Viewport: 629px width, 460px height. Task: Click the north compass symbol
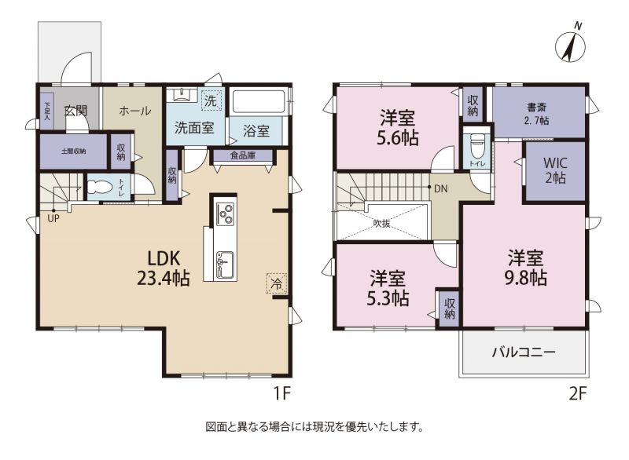click(570, 44)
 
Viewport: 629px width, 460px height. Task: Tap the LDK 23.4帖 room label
click(164, 268)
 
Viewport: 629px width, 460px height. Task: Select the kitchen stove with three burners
click(225, 214)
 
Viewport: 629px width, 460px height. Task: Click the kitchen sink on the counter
click(225, 265)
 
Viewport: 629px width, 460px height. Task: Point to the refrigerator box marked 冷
click(277, 283)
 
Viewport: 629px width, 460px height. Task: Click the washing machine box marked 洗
click(210, 100)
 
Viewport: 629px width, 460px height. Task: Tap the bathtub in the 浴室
click(259, 103)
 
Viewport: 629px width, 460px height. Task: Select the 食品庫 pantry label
click(243, 155)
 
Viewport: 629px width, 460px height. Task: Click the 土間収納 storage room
click(73, 152)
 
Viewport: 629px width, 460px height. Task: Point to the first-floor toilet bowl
click(99, 187)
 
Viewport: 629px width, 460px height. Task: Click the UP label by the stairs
click(53, 218)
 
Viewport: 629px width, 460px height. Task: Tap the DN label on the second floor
click(440, 188)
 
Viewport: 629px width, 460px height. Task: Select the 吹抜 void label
click(381, 224)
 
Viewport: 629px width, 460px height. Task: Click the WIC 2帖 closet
click(555, 171)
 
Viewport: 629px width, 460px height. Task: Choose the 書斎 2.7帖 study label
click(537, 114)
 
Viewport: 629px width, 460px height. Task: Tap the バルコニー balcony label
click(524, 352)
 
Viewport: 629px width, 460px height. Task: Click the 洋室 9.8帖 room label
click(525, 268)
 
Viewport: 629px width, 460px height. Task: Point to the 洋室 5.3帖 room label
click(388, 288)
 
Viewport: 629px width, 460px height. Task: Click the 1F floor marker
click(281, 393)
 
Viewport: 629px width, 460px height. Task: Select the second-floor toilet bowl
click(477, 146)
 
